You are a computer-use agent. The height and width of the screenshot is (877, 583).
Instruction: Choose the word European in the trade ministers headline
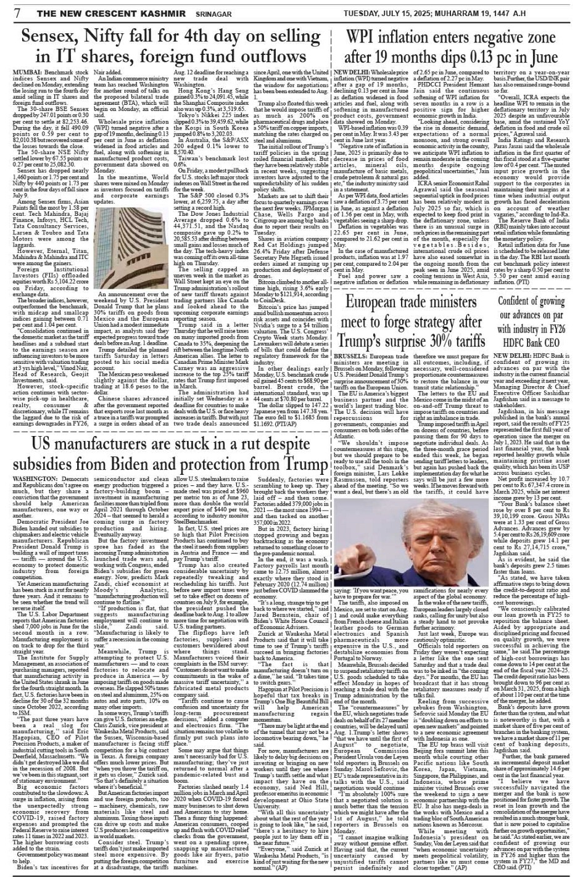[378, 302]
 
